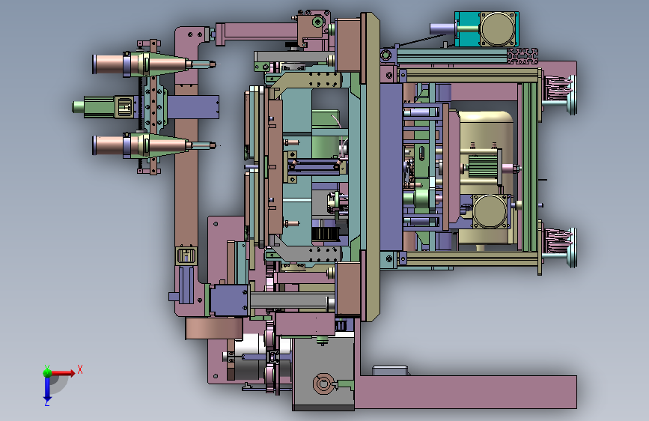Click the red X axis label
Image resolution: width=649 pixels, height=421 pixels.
[x=80, y=369]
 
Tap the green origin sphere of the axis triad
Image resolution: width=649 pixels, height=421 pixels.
[x=48, y=372]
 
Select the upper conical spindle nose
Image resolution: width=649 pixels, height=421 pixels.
[x=166, y=64]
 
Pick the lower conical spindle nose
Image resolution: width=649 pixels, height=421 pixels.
[x=166, y=145]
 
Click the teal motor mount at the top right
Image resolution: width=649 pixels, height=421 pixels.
[x=467, y=28]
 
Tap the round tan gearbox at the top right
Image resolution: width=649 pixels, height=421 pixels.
[x=499, y=28]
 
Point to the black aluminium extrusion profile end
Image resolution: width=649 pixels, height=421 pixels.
[x=522, y=56]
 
